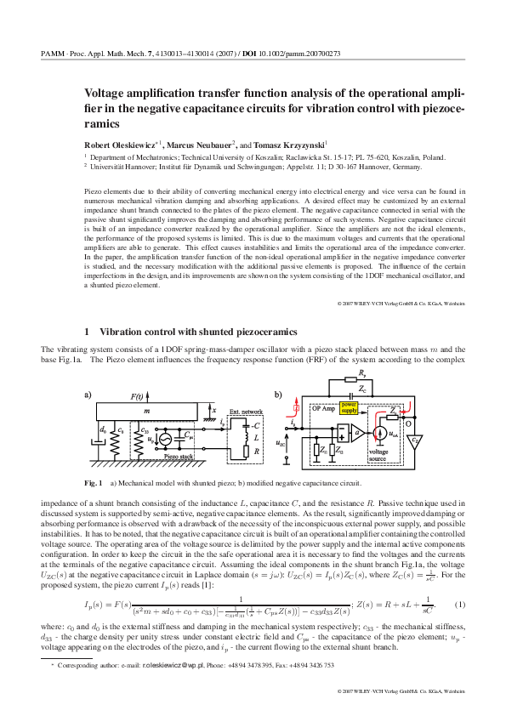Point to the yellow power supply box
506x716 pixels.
(350, 406)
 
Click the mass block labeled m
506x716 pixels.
(146, 412)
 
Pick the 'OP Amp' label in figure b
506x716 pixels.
(324, 408)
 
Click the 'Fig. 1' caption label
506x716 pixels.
(94, 483)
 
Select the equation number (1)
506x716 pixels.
(459, 605)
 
